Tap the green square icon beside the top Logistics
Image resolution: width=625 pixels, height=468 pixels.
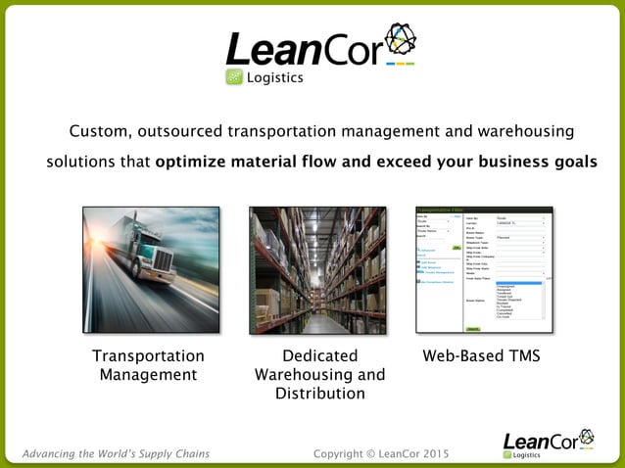234,78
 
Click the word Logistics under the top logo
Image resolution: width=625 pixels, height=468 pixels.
274,78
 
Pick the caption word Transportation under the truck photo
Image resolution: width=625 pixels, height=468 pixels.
148,356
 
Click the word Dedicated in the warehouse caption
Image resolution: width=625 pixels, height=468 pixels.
319,356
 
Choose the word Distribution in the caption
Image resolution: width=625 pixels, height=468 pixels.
319,394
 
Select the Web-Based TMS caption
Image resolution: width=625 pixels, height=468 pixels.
481,356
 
